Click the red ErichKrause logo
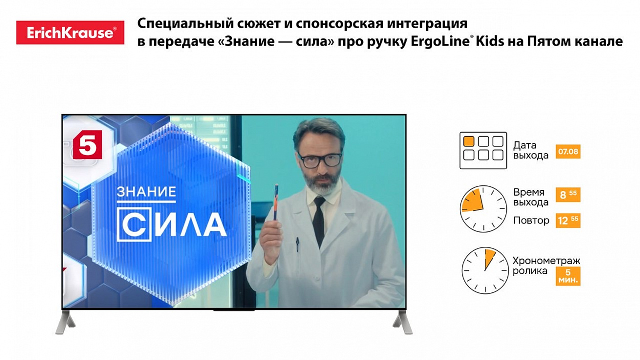[x=70, y=33]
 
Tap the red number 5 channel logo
[x=88, y=144]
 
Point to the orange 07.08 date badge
[x=568, y=152]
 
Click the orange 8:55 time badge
[x=568, y=195]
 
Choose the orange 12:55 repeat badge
[x=568, y=221]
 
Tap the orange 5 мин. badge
[x=568, y=277]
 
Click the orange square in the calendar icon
[x=468, y=141]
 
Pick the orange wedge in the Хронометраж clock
[x=489, y=257]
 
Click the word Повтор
[x=531, y=221]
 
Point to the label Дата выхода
[x=530, y=150]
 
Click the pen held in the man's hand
[x=276, y=202]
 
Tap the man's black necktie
[x=319, y=221]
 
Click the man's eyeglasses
[x=319, y=160]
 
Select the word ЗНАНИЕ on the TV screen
[x=146, y=192]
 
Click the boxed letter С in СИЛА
[x=134, y=224]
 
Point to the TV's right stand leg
[x=403, y=322]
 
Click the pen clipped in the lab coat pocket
[x=297, y=244]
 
